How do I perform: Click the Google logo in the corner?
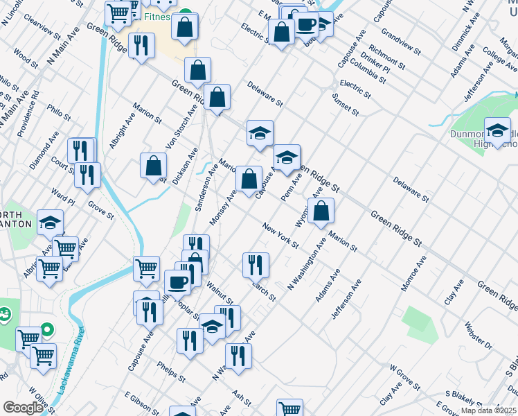click(x=22, y=408)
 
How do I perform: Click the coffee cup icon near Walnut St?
click(x=178, y=281)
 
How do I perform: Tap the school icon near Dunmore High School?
click(x=497, y=129)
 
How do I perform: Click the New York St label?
click(x=280, y=236)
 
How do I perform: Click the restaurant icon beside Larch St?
click(x=256, y=263)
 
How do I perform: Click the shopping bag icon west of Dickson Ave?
click(x=154, y=166)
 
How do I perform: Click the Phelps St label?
click(x=171, y=372)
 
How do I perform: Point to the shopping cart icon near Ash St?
click(x=289, y=409)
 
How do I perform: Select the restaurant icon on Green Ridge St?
click(x=141, y=46)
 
